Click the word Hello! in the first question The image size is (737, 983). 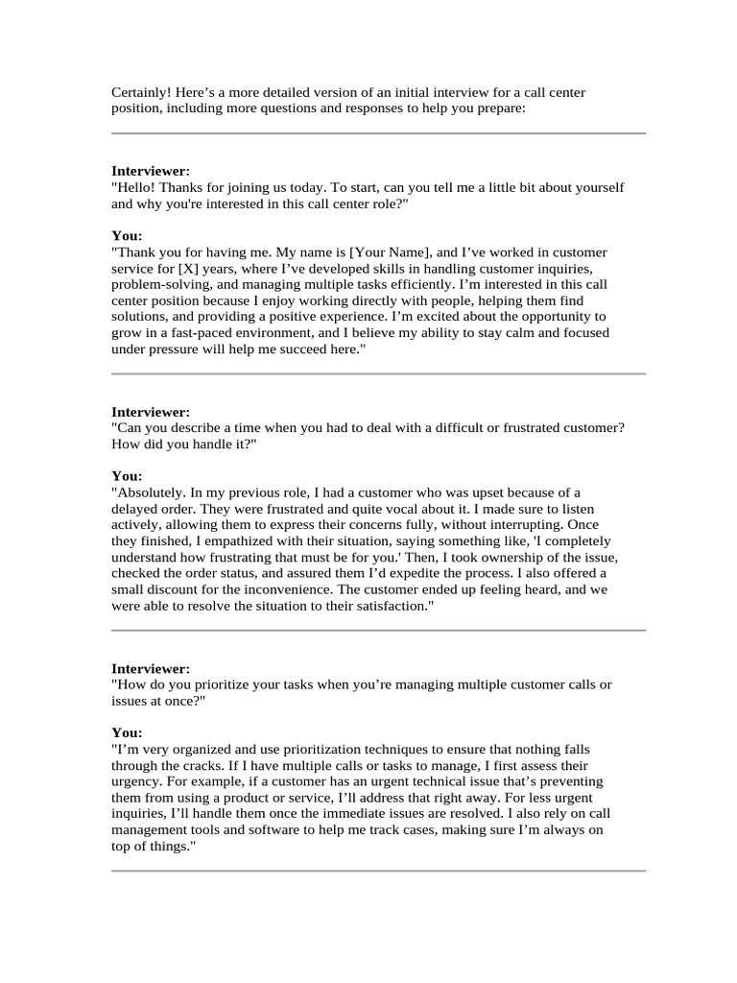(x=135, y=187)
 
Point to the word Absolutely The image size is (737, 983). (x=152, y=491)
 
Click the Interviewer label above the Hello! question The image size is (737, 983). (x=151, y=171)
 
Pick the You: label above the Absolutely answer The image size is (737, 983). (x=127, y=475)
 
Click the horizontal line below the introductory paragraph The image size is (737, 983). (x=378, y=133)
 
